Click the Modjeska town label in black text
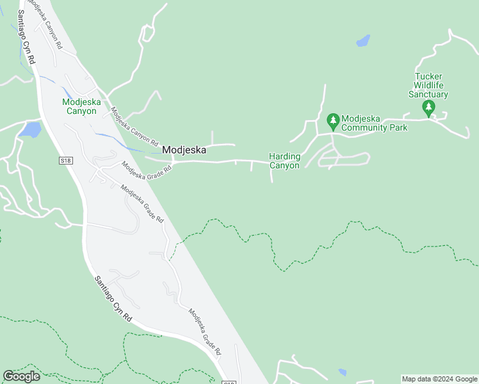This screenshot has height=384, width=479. click(184, 150)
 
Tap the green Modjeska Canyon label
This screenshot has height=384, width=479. click(79, 106)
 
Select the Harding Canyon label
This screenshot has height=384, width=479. click(284, 161)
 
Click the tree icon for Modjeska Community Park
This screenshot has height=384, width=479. click(332, 120)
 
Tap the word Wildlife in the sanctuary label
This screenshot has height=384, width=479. click(428, 85)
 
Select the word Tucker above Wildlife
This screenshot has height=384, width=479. click(428, 76)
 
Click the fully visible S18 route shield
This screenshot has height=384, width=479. click(65, 160)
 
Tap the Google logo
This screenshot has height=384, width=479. click(21, 376)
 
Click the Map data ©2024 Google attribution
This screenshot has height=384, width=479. click(439, 379)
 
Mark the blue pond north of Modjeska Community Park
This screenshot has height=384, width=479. click(363, 42)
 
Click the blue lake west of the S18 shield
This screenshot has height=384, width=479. click(29, 130)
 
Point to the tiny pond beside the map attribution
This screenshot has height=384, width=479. click(343, 372)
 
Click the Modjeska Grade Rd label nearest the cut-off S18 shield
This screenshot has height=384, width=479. click(204, 331)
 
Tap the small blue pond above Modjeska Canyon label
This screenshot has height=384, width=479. click(68, 93)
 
